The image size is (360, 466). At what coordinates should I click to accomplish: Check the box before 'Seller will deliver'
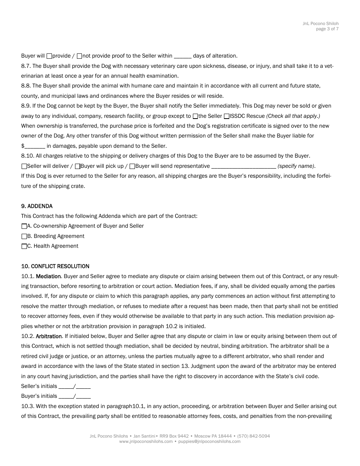(24, 166)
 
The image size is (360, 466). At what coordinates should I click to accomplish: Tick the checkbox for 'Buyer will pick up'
(78, 166)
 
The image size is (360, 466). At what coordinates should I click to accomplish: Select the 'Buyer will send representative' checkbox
(132, 166)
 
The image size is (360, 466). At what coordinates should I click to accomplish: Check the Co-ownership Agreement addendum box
(24, 226)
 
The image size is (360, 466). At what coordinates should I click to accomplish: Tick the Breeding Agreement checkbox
(24, 236)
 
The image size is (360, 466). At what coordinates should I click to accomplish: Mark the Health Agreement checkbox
(24, 246)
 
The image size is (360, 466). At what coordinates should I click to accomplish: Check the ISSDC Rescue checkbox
(227, 116)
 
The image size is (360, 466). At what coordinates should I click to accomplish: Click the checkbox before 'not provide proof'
(79, 56)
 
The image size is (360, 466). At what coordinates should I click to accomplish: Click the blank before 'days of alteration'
(182, 56)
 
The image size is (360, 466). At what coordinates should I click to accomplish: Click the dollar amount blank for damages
(35, 146)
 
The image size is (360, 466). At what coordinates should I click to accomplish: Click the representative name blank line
(243, 166)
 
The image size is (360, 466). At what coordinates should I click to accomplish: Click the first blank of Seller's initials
(66, 386)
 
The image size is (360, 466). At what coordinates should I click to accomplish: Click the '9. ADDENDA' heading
(37, 206)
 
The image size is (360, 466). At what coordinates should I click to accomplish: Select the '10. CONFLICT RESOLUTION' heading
(55, 266)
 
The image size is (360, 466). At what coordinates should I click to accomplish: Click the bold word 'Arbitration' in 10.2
(49, 336)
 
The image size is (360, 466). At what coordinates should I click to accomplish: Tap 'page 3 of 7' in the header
(327, 29)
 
